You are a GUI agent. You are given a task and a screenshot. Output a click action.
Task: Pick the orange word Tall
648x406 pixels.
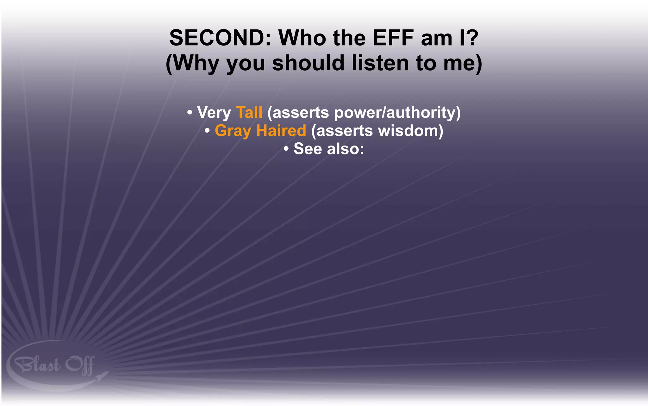[249, 112]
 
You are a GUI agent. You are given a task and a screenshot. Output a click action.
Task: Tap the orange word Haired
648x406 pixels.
[281, 131]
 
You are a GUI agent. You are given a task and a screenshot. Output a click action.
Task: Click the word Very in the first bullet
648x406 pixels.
[214, 113]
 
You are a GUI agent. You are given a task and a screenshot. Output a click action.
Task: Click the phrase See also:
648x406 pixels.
[329, 149]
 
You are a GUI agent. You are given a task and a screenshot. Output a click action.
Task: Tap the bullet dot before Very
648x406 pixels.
[190, 112]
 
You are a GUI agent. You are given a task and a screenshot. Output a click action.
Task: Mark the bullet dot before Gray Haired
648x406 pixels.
[207, 130]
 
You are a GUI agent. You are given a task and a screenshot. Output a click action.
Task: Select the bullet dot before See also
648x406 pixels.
[286, 148]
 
